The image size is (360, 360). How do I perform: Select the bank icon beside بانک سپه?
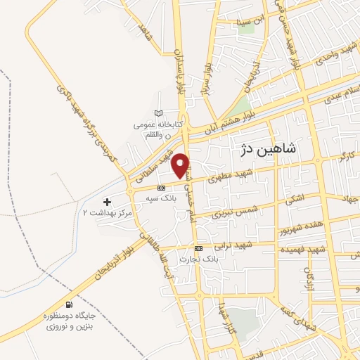(162, 188)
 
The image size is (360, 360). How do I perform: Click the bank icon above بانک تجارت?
(199, 248)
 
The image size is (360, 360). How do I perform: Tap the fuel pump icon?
(68, 305)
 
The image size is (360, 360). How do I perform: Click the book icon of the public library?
(159, 113)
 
